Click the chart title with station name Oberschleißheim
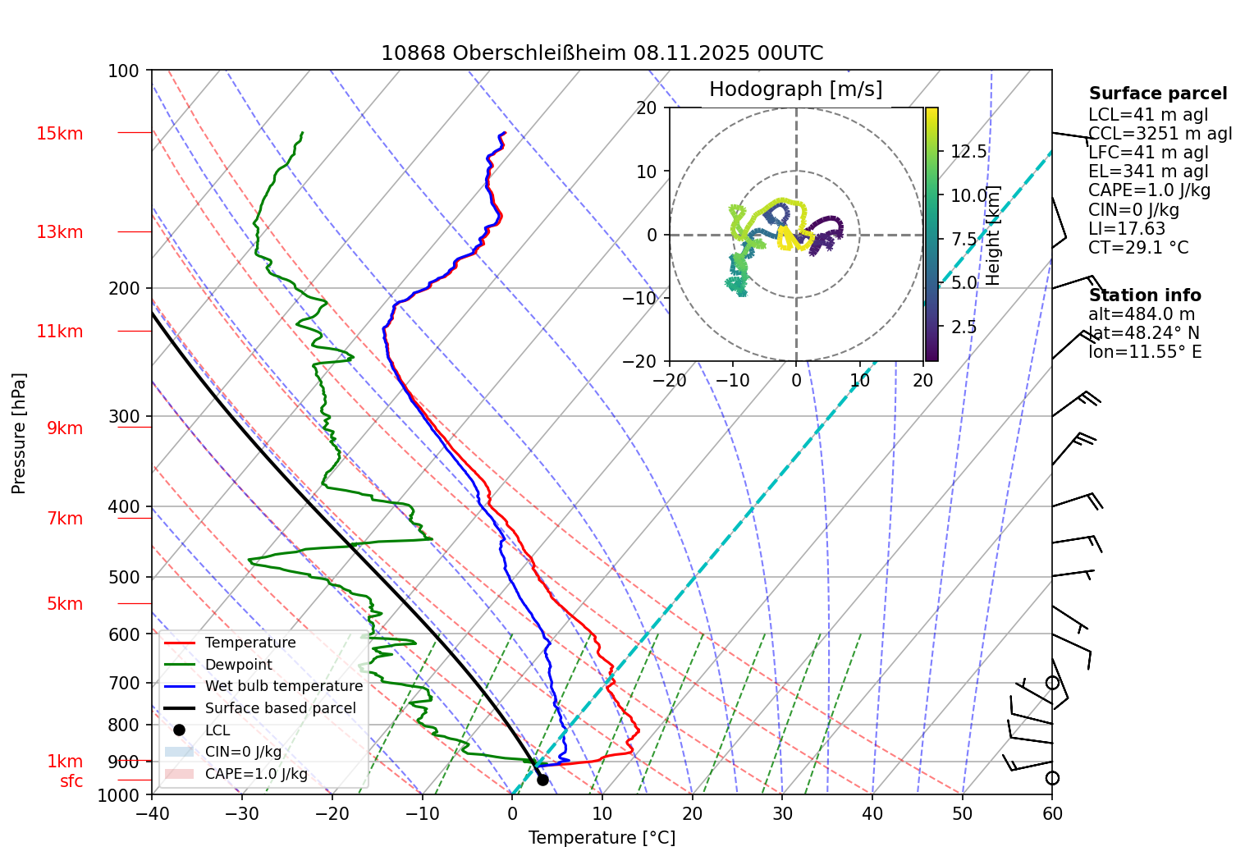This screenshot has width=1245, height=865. pyautogui.click(x=602, y=53)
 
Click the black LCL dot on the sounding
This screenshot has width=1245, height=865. pyautogui.click(x=542, y=780)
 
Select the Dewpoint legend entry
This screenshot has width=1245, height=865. pyautogui.click(x=238, y=665)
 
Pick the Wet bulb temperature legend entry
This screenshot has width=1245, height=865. pyautogui.click(x=283, y=686)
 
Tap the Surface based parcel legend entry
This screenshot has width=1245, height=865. pyautogui.click(x=280, y=708)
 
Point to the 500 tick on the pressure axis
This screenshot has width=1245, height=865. pyautogui.click(x=125, y=577)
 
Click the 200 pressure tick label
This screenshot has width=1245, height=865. pyautogui.click(x=125, y=288)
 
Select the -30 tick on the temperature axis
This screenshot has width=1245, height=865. pyautogui.click(x=241, y=813)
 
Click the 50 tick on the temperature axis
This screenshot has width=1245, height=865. pyautogui.click(x=962, y=813)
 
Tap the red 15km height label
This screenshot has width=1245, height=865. pyautogui.click(x=59, y=134)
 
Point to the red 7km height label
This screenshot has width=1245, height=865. pyautogui.click(x=65, y=519)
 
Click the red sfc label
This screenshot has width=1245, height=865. pyautogui.click(x=71, y=781)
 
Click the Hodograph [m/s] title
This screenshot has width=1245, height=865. pyautogui.click(x=795, y=89)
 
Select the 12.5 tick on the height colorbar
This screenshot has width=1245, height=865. pyautogui.click(x=968, y=152)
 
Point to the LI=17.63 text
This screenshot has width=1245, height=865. pyautogui.click(x=1127, y=229)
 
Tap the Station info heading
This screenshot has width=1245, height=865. pyautogui.click(x=1145, y=295)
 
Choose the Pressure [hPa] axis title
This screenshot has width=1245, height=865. pyautogui.click(x=19, y=433)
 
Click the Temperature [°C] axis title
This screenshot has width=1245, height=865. pyautogui.click(x=602, y=838)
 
